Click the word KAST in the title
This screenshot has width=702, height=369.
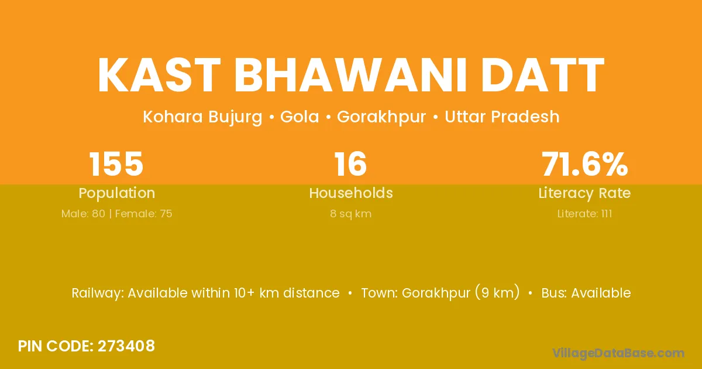[159, 76]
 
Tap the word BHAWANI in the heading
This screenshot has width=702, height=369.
[350, 76]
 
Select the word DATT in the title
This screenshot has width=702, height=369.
[542, 76]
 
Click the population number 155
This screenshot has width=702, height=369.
[116, 164]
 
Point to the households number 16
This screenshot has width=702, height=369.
[350, 164]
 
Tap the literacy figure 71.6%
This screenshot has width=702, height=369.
[585, 164]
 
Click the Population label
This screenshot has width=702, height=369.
[117, 193]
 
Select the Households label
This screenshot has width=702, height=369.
[351, 193]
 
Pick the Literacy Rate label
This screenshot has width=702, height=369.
[585, 193]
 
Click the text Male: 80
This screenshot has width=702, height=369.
[83, 214]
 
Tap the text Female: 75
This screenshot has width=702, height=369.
[144, 214]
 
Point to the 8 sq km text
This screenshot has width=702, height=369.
[351, 214]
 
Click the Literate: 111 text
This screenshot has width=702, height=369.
[585, 214]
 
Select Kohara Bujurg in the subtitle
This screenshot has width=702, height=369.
[202, 117]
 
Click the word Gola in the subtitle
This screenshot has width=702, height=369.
[300, 117]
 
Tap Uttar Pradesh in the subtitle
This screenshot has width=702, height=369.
[502, 117]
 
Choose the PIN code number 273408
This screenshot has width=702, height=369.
[126, 346]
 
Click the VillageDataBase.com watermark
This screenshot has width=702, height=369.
[618, 353]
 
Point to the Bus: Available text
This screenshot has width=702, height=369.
[586, 293]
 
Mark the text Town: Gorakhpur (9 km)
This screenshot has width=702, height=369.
[441, 293]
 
